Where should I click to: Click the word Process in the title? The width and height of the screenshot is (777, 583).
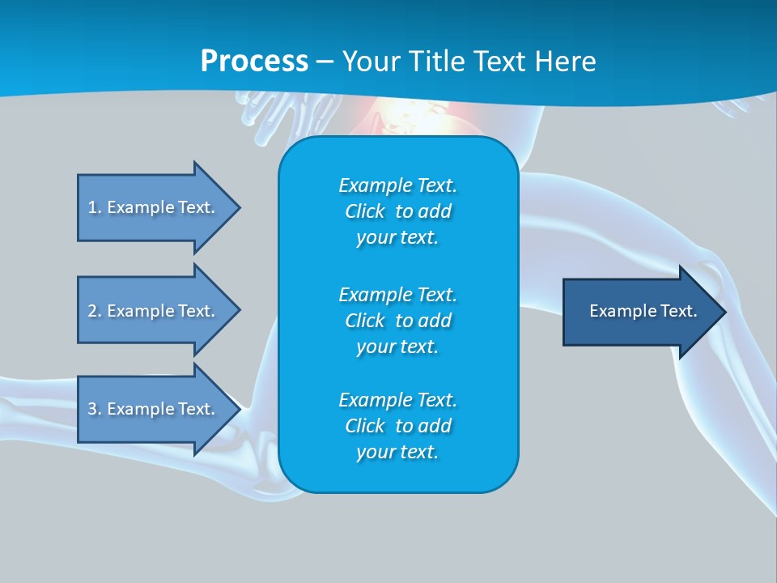coord(254,62)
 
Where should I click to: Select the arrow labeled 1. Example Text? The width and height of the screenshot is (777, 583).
coord(154,207)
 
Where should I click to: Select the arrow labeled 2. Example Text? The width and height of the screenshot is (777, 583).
coord(154,311)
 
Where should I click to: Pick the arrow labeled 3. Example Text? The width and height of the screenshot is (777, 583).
coord(154,409)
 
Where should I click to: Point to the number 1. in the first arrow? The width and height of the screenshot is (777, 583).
coord(95,207)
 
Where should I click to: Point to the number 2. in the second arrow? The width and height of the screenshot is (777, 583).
coord(95,311)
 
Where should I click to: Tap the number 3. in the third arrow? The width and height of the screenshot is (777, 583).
coord(95,409)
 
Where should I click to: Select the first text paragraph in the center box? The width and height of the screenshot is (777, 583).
coord(397,211)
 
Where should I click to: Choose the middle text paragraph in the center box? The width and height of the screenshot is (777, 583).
coord(397,320)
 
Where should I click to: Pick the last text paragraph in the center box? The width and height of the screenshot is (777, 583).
coord(397,426)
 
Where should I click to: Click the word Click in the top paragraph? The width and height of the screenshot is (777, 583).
coord(364,212)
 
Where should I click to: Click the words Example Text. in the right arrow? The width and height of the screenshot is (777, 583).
coord(643,311)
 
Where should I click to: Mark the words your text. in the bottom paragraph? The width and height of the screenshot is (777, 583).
coord(397,453)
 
